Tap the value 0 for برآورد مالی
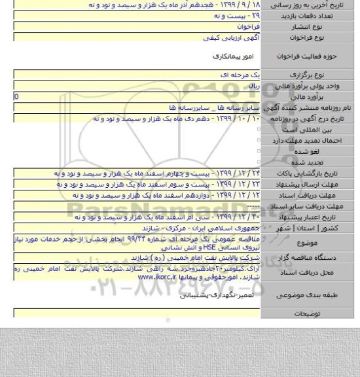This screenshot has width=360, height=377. tap(7, 96)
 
